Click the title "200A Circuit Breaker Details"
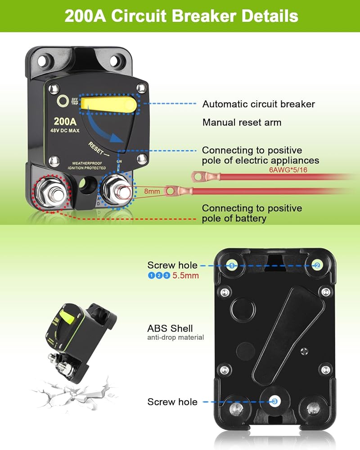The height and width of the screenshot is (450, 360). click(181, 16)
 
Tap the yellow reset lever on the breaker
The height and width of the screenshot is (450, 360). click(108, 104)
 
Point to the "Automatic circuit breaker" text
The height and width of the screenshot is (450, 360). click(258, 104)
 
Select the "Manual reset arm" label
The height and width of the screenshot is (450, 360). click(242, 122)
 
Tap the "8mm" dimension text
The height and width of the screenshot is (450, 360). click(152, 191)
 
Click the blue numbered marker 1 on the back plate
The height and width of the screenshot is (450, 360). click(232, 265)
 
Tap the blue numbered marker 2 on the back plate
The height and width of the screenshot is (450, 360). click(317, 265)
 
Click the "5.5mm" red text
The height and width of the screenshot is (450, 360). click(185, 275)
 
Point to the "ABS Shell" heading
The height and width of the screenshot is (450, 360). click(170, 328)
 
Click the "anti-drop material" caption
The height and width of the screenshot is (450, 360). click(175, 337)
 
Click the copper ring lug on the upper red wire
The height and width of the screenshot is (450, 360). click(198, 175)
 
